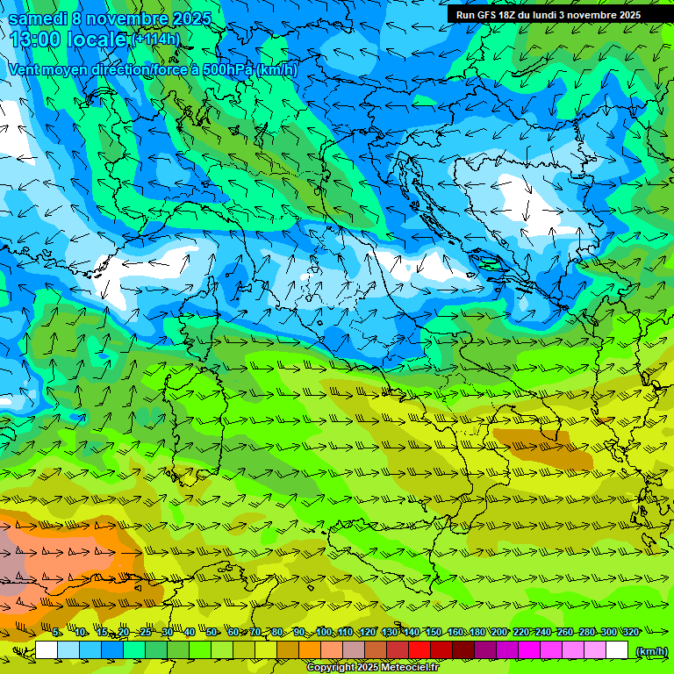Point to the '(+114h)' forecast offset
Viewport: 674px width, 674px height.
click(155, 39)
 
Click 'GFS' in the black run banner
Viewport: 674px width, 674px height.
click(487, 15)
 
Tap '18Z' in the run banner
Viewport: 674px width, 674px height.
click(513, 15)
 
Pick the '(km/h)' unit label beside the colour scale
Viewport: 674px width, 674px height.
click(650, 650)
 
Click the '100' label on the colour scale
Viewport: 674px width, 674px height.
click(324, 632)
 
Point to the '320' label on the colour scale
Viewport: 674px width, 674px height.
click(630, 632)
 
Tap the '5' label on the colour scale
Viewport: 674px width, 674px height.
click(57, 632)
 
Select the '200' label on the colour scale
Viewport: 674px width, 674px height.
click(499, 632)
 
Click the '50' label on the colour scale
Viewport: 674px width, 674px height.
click(212, 632)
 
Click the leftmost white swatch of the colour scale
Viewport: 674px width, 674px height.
click(47, 650)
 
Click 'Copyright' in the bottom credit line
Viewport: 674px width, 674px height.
click(333, 668)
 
